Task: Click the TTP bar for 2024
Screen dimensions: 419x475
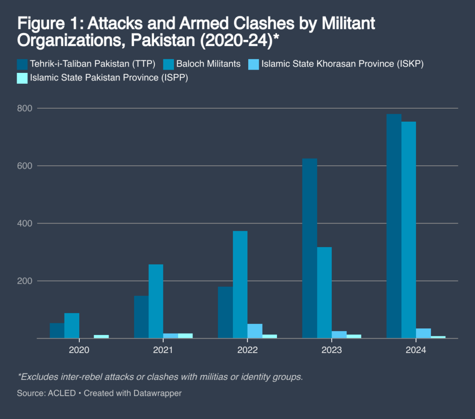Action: point(394,226)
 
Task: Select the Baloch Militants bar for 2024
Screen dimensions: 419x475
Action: point(409,230)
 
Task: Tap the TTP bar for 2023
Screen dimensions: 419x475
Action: point(310,249)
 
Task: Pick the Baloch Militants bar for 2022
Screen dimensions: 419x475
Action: point(240,284)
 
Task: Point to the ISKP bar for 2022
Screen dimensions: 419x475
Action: point(255,331)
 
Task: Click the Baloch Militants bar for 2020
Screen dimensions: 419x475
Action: point(71,326)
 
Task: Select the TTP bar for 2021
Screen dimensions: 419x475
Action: point(141,317)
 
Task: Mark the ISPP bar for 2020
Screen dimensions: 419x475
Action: point(101,336)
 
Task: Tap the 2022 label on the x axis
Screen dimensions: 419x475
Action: point(247,350)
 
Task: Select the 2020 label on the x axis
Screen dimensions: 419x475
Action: point(79,350)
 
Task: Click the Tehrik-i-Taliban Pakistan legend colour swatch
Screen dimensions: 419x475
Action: point(22,64)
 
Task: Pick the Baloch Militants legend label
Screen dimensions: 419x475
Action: point(208,64)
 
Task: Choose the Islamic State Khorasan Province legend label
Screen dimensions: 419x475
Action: point(342,64)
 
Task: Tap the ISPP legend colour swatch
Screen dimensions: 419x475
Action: point(22,78)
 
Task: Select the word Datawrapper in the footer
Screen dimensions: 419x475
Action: point(158,393)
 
